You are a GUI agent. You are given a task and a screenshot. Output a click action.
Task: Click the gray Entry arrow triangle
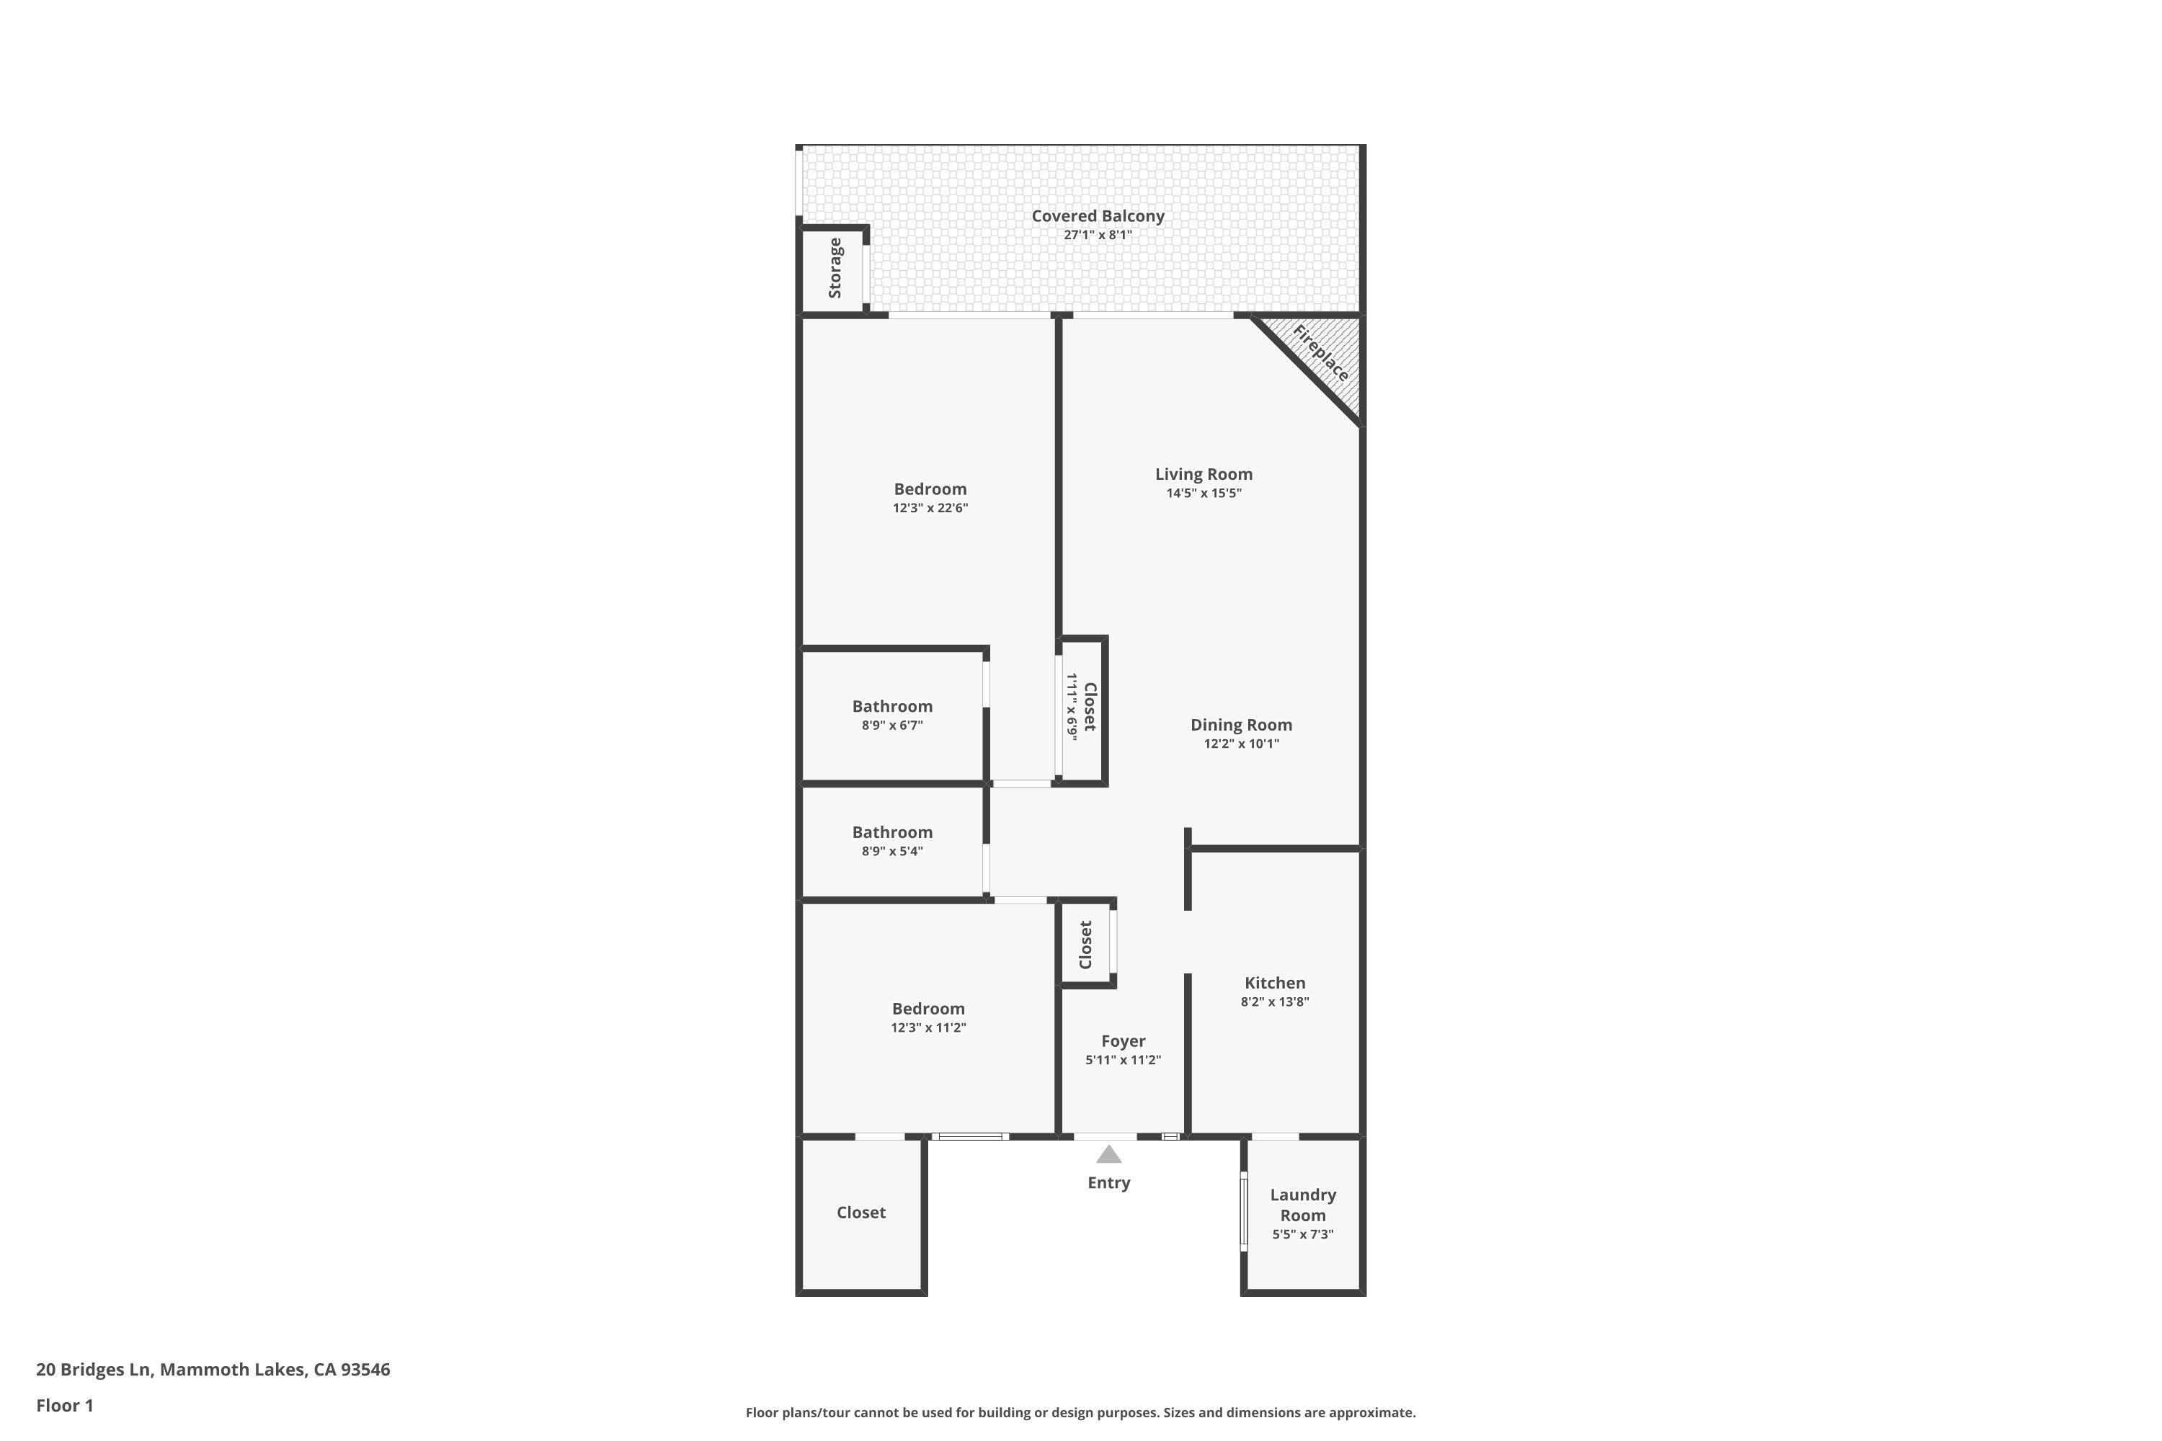[x=1108, y=1155]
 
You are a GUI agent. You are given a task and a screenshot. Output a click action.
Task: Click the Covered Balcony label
[x=1098, y=216]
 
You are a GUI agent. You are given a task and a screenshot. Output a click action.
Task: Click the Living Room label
[x=1204, y=474]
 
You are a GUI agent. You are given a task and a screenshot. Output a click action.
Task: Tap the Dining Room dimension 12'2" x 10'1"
[x=1241, y=744]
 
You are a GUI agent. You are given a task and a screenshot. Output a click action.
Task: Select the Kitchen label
[x=1274, y=983]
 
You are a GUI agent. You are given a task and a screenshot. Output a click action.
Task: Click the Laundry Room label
[x=1302, y=1205]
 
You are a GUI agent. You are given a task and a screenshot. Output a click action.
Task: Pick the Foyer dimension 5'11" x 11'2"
[x=1122, y=1060]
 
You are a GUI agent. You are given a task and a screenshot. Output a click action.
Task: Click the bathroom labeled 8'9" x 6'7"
[x=891, y=714]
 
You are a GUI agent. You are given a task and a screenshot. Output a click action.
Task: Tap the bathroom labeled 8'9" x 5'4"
[x=891, y=840]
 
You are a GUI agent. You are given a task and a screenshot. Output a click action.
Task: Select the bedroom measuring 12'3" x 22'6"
[x=930, y=497]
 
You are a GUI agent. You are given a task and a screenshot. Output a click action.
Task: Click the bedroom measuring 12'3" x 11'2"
[x=927, y=1017]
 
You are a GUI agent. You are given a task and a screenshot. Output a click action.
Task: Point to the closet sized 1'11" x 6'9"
[x=1081, y=707]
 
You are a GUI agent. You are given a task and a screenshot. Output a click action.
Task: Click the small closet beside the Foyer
[x=1085, y=945]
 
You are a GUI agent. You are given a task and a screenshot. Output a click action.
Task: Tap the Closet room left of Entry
[x=860, y=1212]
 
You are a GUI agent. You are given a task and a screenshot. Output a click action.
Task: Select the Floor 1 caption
[x=64, y=1405]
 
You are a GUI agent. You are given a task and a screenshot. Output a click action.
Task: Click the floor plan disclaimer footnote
[x=1080, y=1412]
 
